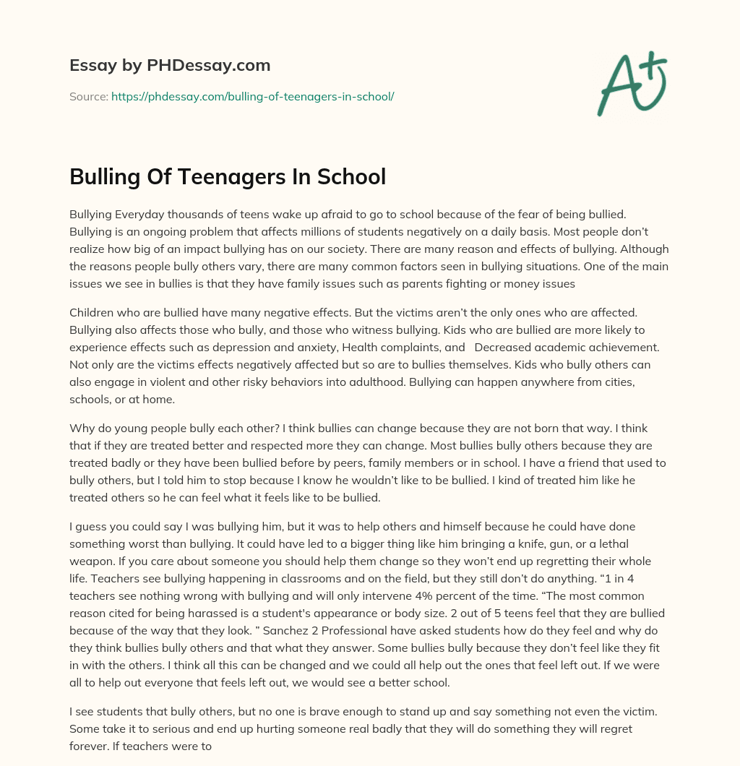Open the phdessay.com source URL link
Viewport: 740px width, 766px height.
(252, 96)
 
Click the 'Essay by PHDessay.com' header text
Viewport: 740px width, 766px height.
(170, 65)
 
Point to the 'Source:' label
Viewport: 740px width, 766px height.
(88, 96)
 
